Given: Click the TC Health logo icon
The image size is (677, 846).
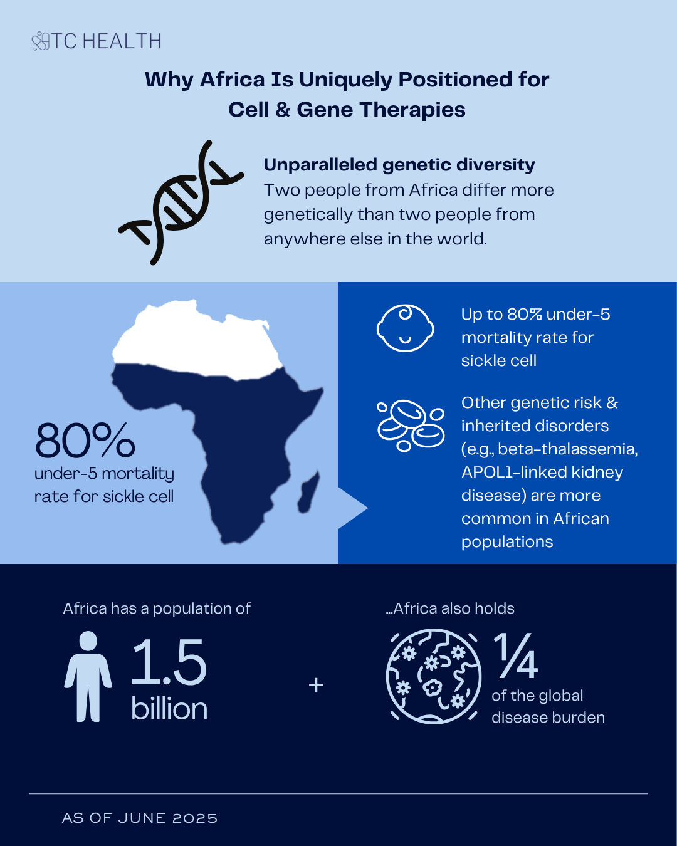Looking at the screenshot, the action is pos(41,41).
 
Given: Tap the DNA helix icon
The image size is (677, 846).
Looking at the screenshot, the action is pos(179,202).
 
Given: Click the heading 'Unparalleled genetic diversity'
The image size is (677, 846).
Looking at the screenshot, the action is pos(399,165).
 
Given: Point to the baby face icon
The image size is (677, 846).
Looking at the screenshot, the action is pos(405,328).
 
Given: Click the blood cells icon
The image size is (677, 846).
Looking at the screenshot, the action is pos(411,425).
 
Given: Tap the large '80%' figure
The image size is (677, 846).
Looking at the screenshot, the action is pos(85,441).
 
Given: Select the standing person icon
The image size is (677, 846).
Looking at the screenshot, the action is pos(88,677).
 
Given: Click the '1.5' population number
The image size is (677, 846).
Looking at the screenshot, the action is pos(169,662).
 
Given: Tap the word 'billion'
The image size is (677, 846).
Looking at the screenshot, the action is pos(169,709).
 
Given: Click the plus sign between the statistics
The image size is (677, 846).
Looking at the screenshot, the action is pos(317,685).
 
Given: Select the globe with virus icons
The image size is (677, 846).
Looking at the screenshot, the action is pos(433,677).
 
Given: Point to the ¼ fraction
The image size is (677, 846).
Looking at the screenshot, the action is pos(516,656).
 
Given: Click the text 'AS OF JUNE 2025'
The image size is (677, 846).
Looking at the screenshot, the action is pos(140,818).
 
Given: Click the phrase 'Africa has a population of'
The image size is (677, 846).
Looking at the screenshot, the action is pos(157,608).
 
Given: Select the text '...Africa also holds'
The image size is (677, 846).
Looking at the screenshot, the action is pos(451,608).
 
